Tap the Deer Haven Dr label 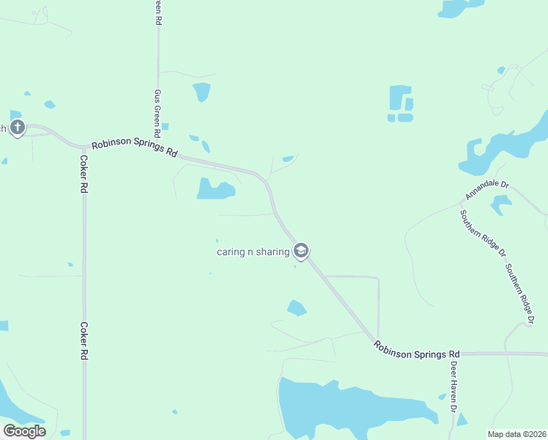point(453,385)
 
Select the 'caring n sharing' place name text point(253,252)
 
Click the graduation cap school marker point(300,252)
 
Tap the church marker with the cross point(18,128)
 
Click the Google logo point(24,430)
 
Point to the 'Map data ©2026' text point(516,433)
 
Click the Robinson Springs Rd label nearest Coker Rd point(135,149)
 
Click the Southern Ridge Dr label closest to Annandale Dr point(482,233)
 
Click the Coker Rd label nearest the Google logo point(84,340)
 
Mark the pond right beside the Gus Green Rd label point(201,92)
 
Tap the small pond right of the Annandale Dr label point(501,204)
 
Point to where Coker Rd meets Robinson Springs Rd point(83,145)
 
